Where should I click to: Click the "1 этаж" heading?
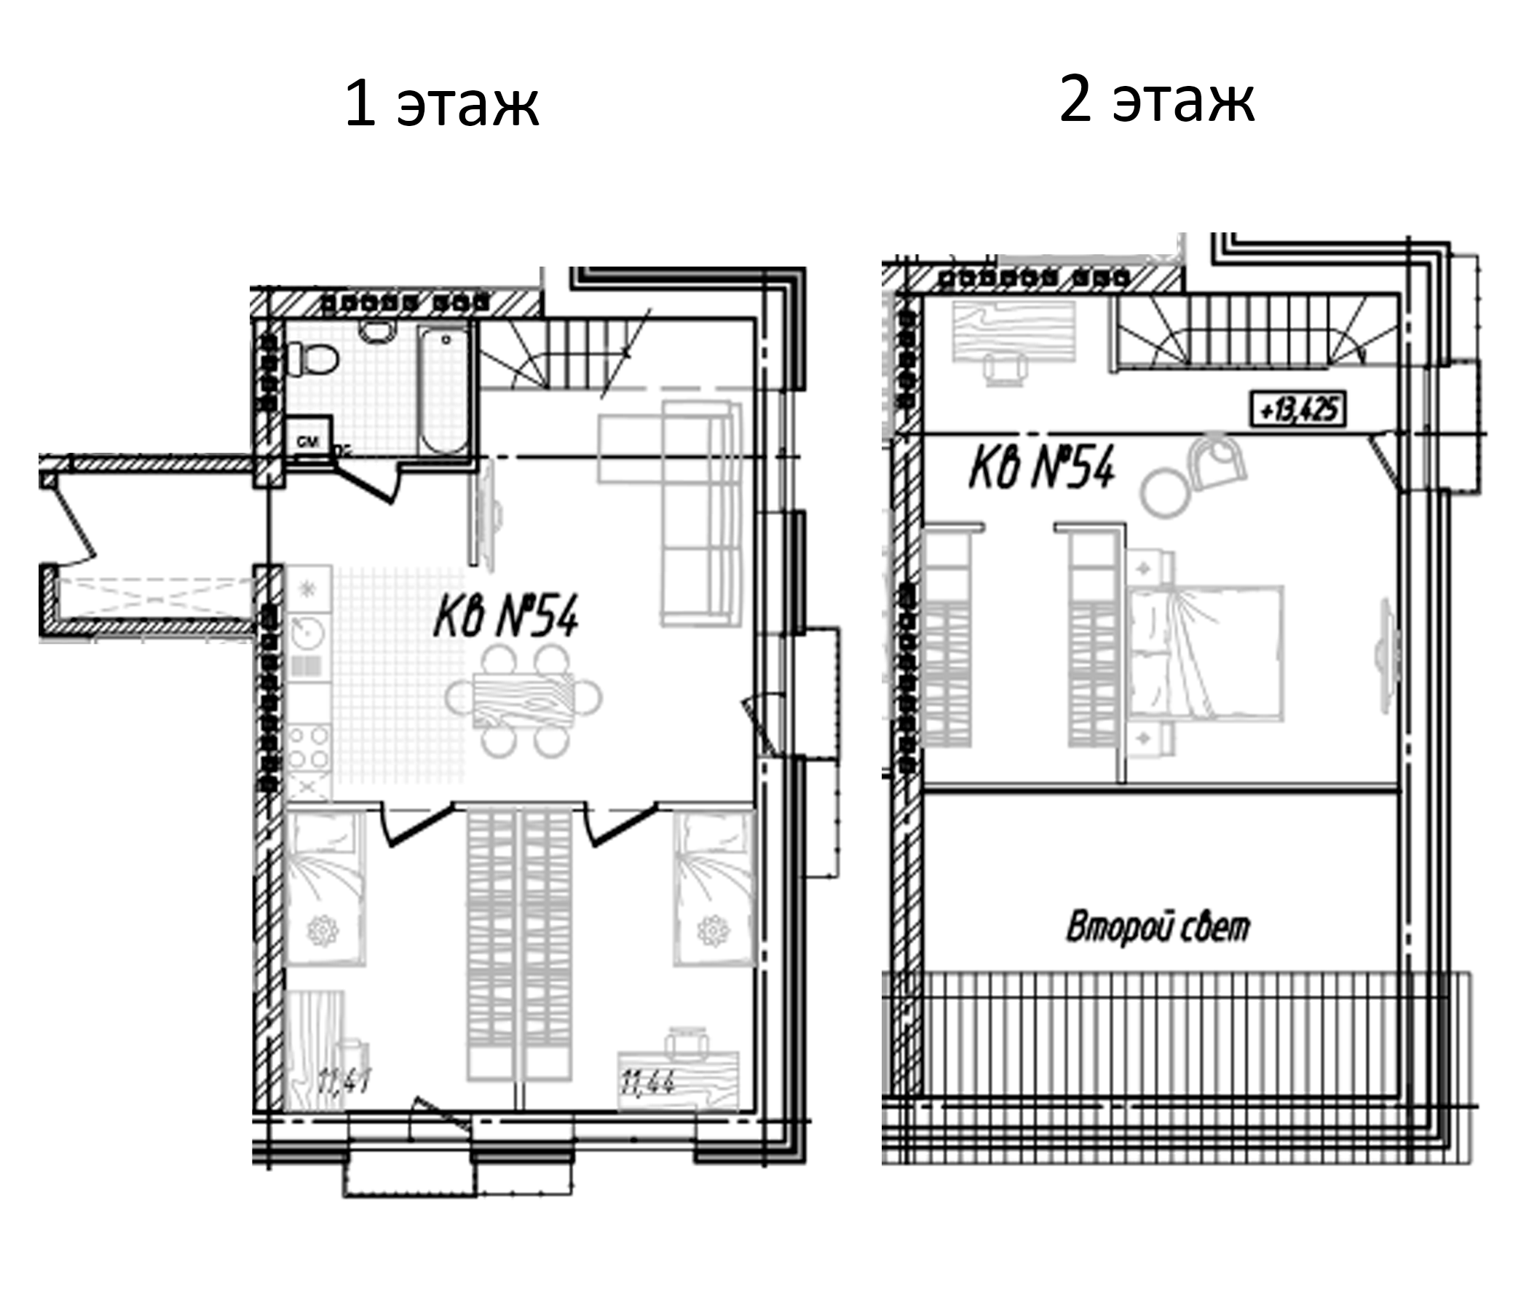click(441, 105)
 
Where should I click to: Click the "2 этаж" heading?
click(1156, 101)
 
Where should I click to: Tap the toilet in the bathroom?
click(313, 361)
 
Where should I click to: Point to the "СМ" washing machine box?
click(308, 441)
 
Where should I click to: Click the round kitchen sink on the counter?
click(306, 632)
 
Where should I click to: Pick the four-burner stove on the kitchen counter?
click(309, 747)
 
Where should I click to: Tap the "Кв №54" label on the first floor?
click(505, 616)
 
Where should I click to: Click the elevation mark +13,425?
click(1298, 409)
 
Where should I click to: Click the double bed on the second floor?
click(1206, 653)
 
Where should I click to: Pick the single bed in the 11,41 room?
click(325, 888)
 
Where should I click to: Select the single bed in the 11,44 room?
click(714, 888)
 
